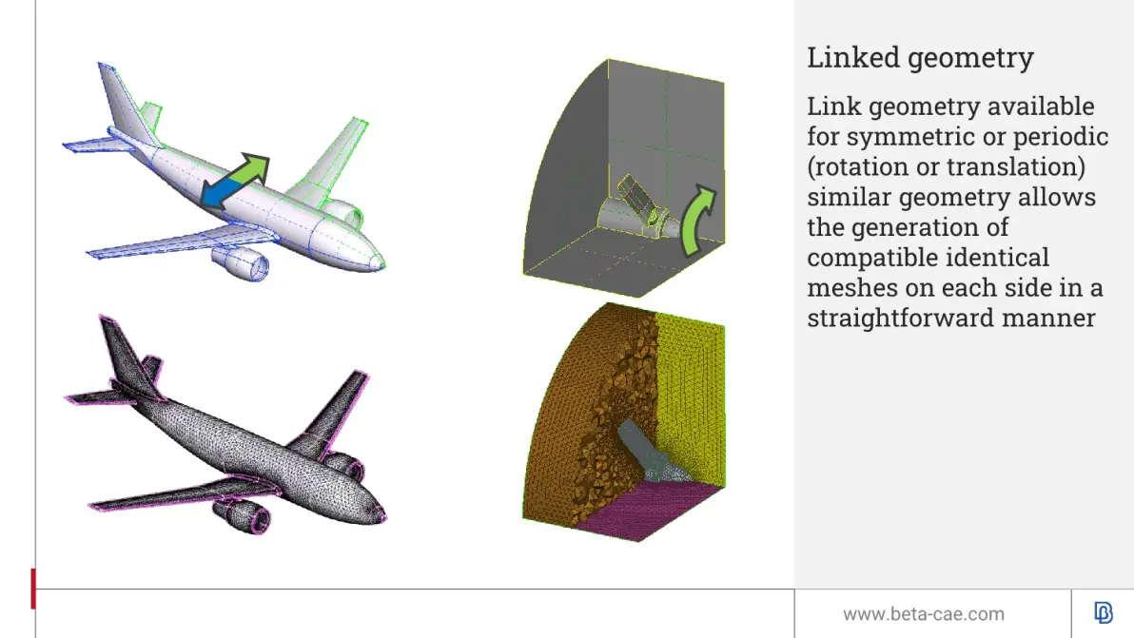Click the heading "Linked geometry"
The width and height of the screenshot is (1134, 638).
point(920,58)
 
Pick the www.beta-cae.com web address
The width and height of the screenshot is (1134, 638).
point(924,614)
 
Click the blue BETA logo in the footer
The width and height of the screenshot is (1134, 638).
point(1103,612)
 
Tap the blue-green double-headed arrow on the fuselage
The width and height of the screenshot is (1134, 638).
point(234,181)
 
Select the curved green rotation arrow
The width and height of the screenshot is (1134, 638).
point(697,220)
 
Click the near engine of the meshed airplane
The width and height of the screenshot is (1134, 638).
point(243,516)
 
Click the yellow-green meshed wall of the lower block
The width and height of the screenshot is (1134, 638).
point(691,401)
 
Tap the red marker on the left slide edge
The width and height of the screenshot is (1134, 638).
point(33,589)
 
